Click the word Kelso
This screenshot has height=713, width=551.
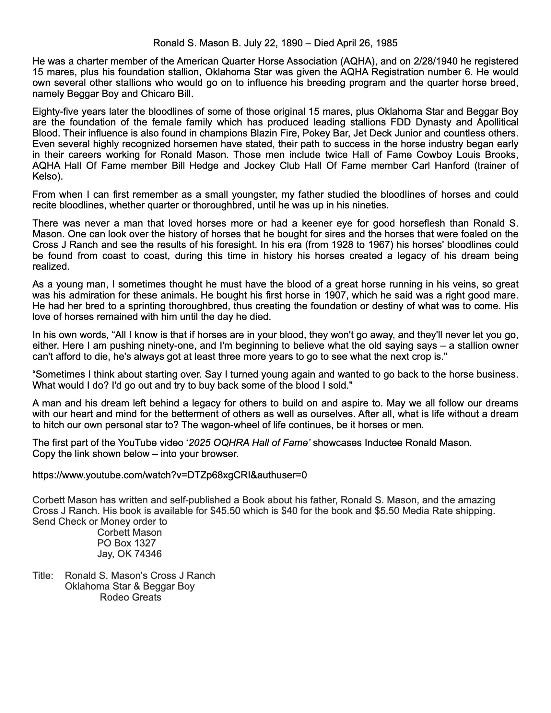point(46,177)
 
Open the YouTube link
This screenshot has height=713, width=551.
point(170,475)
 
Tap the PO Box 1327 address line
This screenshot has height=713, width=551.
point(126,543)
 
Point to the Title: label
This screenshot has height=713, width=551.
point(43,576)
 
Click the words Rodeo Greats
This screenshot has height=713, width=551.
point(130,597)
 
